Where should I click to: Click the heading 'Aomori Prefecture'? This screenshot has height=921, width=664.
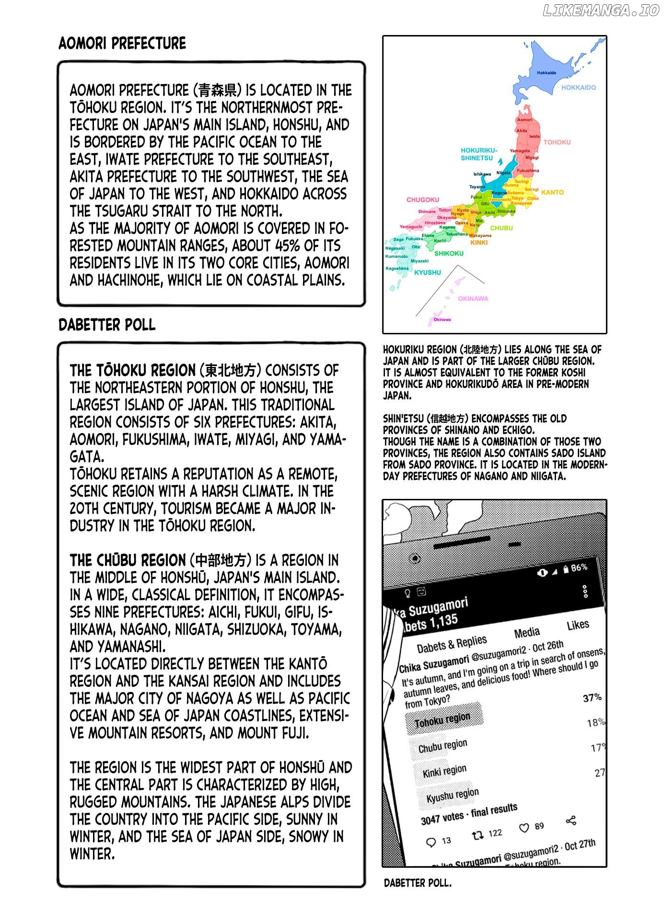[x=122, y=43]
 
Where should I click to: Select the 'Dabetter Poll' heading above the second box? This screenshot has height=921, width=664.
[x=107, y=325]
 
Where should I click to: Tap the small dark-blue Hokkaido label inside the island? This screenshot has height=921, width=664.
[x=547, y=73]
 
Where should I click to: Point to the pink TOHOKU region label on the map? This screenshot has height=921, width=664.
[x=557, y=142]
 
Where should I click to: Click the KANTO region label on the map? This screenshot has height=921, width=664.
[x=552, y=192]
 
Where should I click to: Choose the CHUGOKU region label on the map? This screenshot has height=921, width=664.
[x=422, y=200]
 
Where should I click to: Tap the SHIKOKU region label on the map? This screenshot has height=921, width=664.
[x=449, y=253]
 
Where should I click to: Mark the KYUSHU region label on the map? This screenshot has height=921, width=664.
[x=427, y=272]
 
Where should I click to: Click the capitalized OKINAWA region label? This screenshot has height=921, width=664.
[x=473, y=298]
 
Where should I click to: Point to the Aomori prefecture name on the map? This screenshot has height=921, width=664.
[x=524, y=119]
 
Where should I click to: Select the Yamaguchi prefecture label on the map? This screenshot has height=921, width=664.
[x=411, y=227]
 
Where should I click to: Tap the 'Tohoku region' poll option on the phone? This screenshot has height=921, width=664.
[x=443, y=720]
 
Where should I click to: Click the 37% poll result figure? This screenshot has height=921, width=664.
[x=592, y=698]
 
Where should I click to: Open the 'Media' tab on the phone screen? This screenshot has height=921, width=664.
[x=527, y=633]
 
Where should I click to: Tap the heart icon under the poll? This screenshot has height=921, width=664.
[x=524, y=828]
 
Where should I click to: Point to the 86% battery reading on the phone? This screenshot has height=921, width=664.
[x=579, y=567]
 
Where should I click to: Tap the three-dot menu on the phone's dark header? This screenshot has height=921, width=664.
[x=585, y=591]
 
